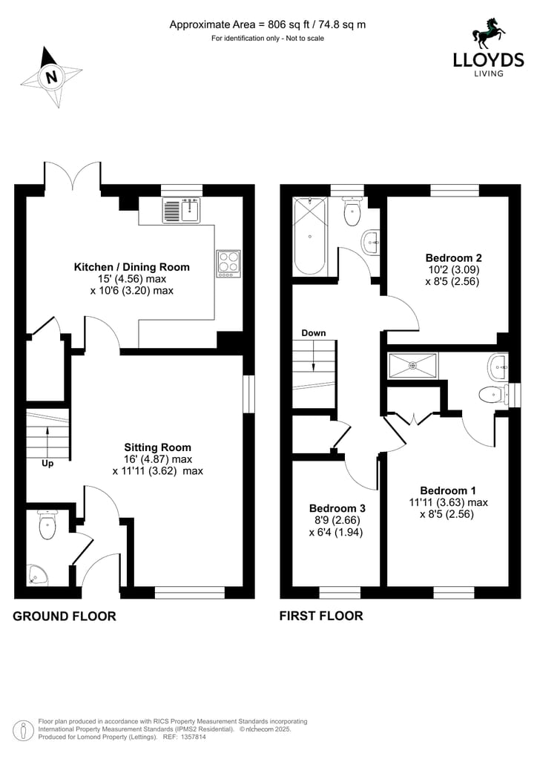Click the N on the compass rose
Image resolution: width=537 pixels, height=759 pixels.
[52, 76]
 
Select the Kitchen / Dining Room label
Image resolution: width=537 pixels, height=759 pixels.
[131, 266]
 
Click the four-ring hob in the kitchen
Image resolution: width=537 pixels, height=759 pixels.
[228, 263]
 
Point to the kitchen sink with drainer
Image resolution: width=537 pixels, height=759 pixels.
[182, 210]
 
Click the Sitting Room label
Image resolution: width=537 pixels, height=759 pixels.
[158, 447]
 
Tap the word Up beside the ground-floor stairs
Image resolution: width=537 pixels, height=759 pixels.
[47, 464]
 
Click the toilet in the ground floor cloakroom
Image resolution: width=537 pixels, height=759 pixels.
[47, 525]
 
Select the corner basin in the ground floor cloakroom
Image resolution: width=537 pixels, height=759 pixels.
[36, 574]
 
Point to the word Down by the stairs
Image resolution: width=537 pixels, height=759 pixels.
[314, 333]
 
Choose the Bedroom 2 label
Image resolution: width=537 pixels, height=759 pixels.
[454, 258]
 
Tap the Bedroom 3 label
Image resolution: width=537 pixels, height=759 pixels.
[337, 508]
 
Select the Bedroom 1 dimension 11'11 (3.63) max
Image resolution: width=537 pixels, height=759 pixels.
[449, 502]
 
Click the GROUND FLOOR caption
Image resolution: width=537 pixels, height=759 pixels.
[65, 617]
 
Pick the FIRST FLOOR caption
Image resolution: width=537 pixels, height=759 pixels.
[321, 616]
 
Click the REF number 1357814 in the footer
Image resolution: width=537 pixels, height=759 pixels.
[194, 737]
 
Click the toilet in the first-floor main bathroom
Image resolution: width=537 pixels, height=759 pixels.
[352, 211]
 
